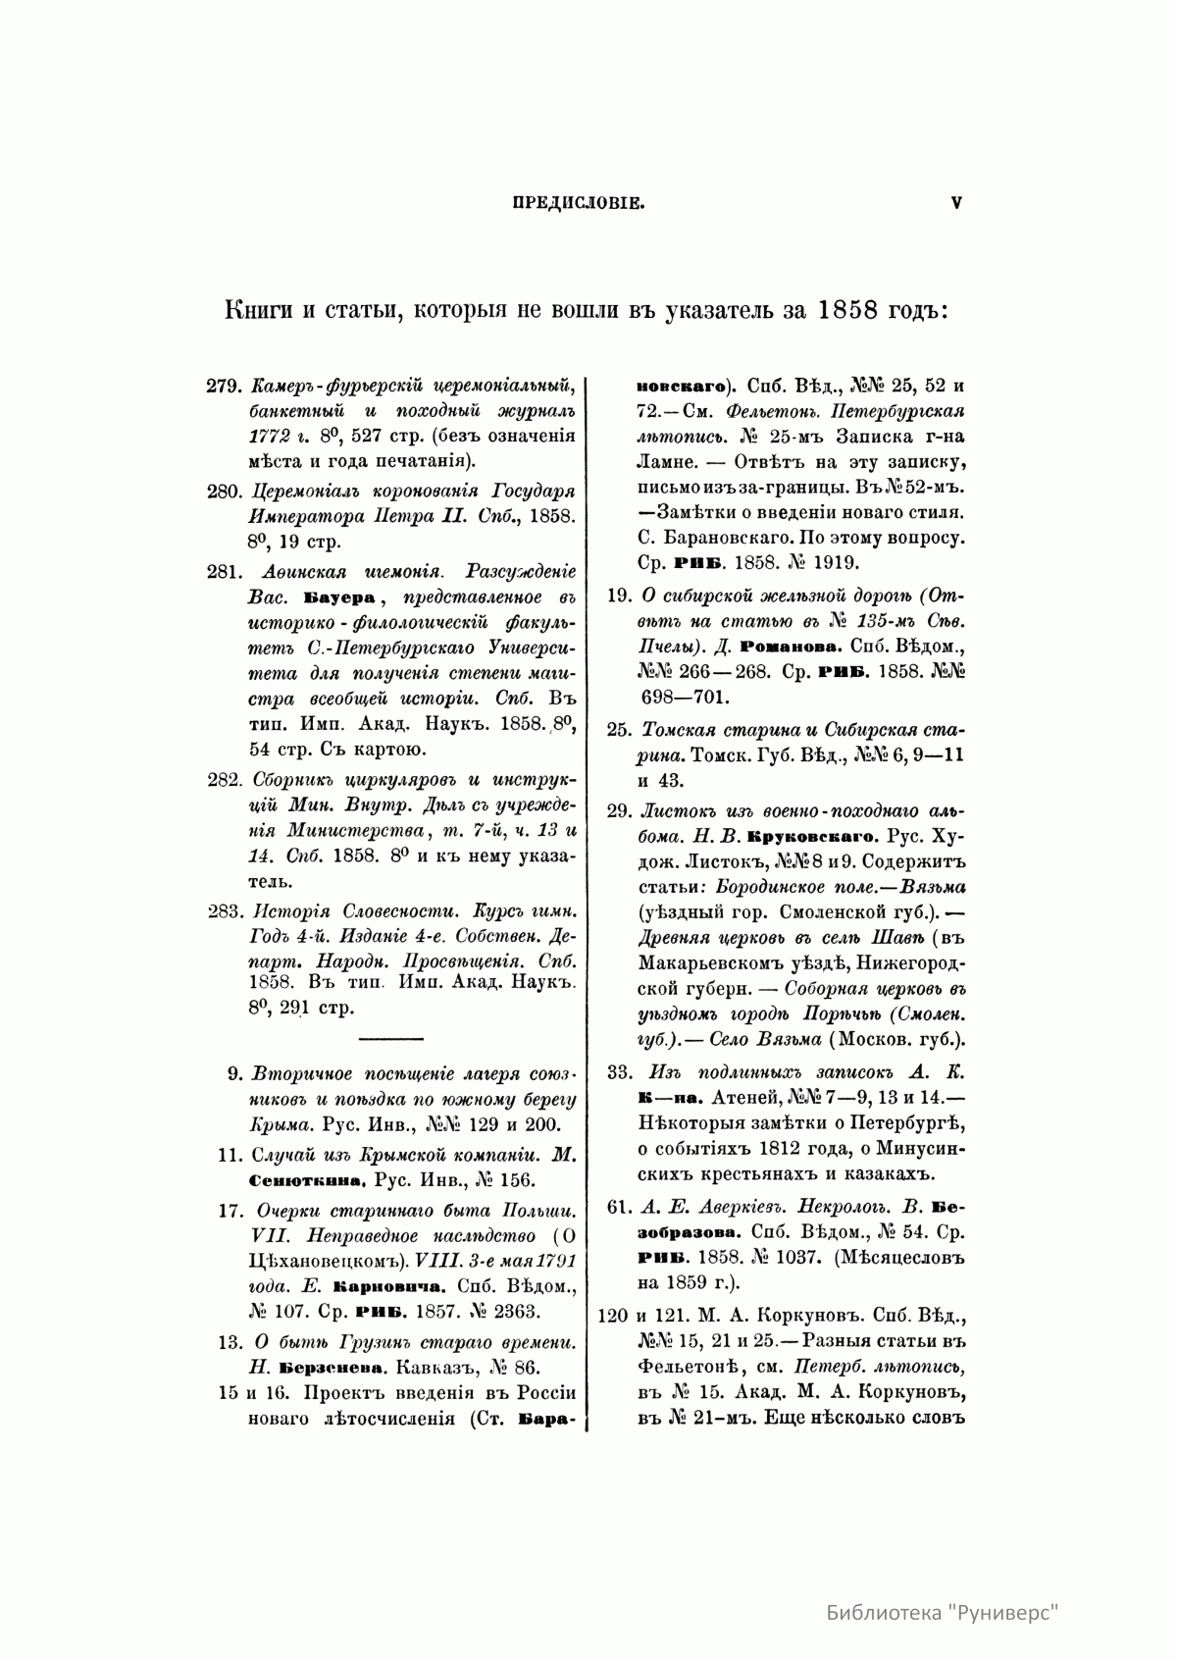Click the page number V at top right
pyautogui.click(x=955, y=204)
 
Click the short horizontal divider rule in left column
pyautogui.click(x=391, y=1038)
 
